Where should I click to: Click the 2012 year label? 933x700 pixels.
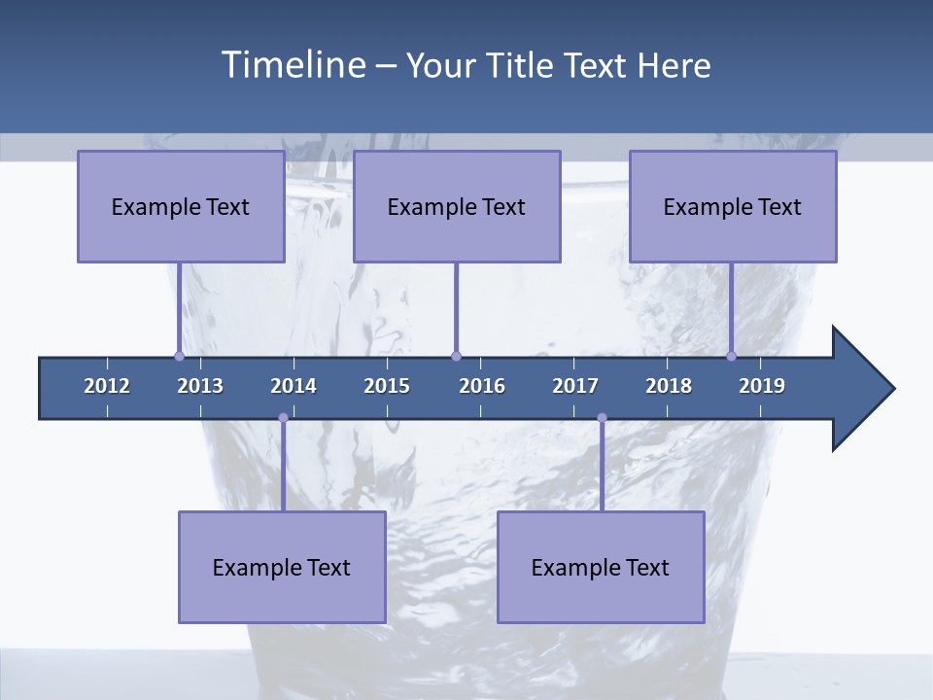coord(107,386)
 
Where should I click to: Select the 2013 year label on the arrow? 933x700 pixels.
coord(200,386)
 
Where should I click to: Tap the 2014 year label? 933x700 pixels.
coord(294,386)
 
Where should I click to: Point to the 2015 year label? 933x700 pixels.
coord(387,386)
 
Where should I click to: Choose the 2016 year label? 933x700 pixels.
coord(482,386)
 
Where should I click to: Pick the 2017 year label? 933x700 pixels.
coord(575,386)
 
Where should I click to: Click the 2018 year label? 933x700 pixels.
coord(669,386)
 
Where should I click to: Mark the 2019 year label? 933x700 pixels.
coord(762,386)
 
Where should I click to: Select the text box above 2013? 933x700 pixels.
coord(181,206)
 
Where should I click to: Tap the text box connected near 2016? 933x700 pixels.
coord(457,206)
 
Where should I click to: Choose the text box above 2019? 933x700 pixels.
coord(733,206)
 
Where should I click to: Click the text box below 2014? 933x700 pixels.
coord(282,567)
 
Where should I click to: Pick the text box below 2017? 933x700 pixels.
coord(601,567)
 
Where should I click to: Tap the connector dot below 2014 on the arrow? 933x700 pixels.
coord(283,418)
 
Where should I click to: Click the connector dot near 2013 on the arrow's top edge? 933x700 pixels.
coord(180,356)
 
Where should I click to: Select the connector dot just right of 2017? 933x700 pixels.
coord(602,418)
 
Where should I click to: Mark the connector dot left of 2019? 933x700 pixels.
coord(732,356)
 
